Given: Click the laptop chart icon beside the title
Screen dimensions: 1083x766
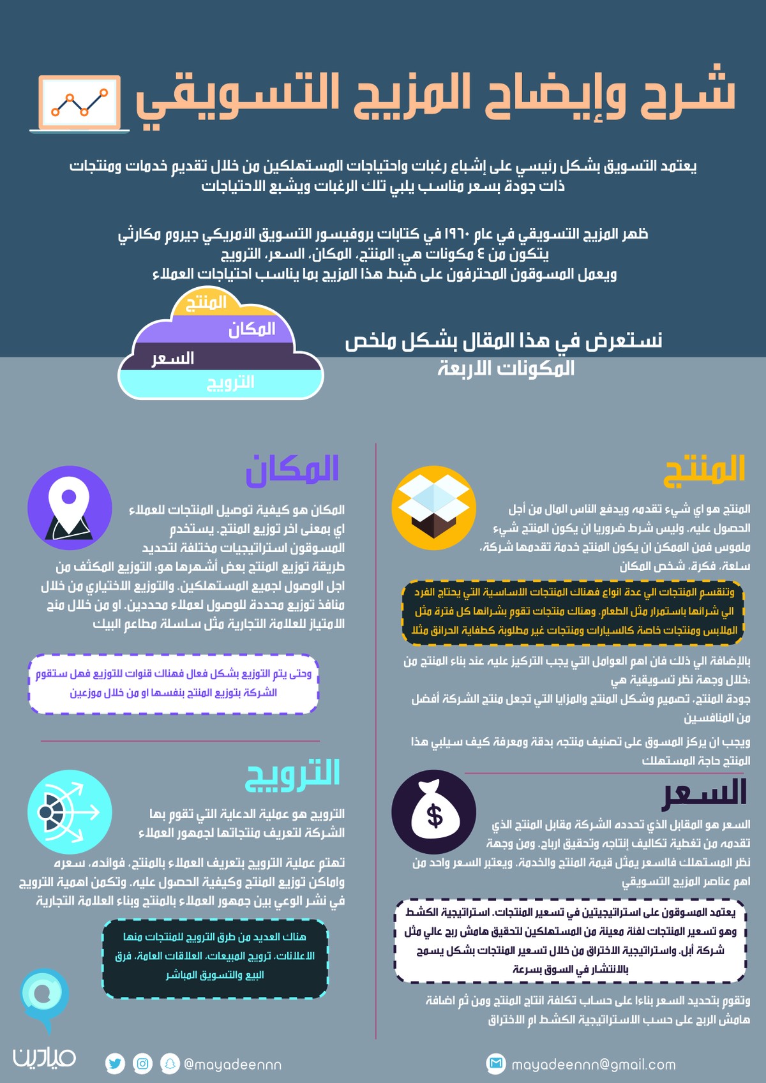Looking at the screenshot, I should pyautogui.click(x=79, y=103).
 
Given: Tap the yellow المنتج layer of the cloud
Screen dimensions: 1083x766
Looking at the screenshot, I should pyautogui.click(x=206, y=303).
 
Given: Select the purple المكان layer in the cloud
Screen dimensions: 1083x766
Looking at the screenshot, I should pyautogui.click(x=251, y=329).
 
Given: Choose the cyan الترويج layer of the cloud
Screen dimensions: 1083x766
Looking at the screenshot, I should pyautogui.click(x=230, y=382).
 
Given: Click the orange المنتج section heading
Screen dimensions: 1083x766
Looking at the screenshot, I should pyautogui.click(x=705, y=470).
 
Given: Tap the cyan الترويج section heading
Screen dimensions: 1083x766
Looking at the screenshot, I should pyautogui.click(x=292, y=774).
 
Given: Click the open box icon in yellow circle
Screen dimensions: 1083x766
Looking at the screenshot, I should pyautogui.click(x=433, y=508).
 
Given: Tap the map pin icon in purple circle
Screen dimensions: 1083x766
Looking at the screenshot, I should pyautogui.click(x=70, y=508).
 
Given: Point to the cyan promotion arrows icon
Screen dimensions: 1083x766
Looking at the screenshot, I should pyautogui.click(x=70, y=812).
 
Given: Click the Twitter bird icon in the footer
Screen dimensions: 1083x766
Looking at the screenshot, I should pyautogui.click(x=115, y=1064).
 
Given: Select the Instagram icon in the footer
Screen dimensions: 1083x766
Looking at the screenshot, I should pyautogui.click(x=143, y=1064).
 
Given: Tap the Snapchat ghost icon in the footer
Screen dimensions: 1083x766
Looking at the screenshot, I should pyautogui.click(x=170, y=1064).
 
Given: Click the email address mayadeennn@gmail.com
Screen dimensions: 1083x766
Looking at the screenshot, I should pyautogui.click(x=594, y=1064).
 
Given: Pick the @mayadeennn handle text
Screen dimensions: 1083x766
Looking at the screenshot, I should pyautogui.click(x=232, y=1064).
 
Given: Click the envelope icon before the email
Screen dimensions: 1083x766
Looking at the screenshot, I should pyautogui.click(x=496, y=1063).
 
